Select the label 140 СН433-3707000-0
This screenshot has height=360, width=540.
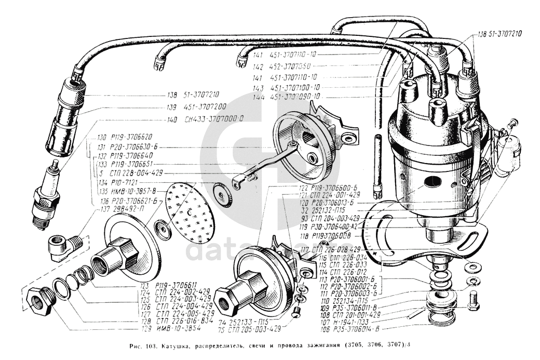[x=206, y=118]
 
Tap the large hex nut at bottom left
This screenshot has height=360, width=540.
[x=39, y=301]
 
